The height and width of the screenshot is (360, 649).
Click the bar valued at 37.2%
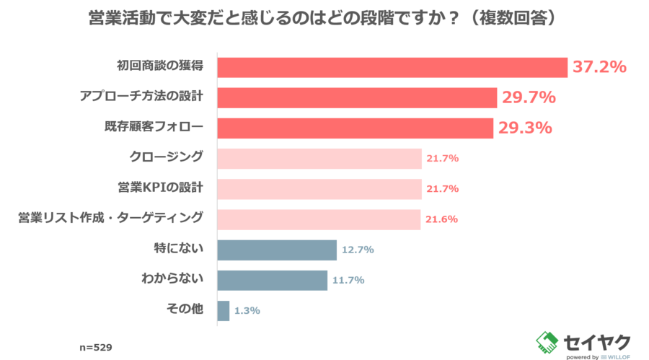[x=393, y=67]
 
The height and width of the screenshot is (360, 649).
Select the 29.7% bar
[x=358, y=97]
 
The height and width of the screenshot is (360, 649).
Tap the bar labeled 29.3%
[x=356, y=128]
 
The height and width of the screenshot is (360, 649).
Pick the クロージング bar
[x=319, y=158]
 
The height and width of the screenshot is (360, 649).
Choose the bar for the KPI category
[x=319, y=189]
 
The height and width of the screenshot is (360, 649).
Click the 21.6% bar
[x=319, y=219]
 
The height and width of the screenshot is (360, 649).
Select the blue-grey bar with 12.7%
[x=278, y=250]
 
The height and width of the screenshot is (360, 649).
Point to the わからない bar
[x=273, y=280]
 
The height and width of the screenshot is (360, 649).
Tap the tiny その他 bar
[x=224, y=311]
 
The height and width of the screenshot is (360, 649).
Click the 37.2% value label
[x=599, y=67]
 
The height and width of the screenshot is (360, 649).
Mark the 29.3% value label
[x=524, y=128]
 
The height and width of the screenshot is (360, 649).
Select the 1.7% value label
[x=247, y=311]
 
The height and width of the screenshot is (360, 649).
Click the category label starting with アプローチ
[x=141, y=97]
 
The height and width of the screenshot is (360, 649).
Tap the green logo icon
[x=547, y=341]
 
